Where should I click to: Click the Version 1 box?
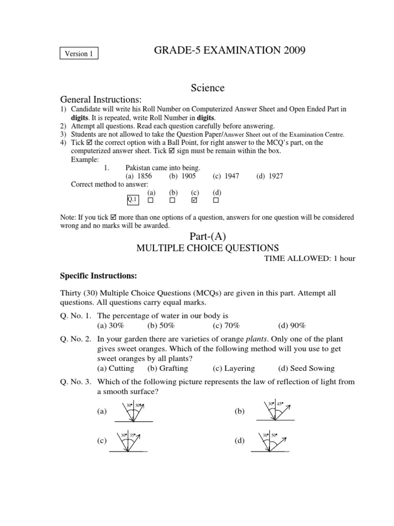pyautogui.click(x=79, y=53)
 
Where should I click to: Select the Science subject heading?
pyautogui.click(x=207, y=88)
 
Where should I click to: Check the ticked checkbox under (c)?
pyautogui.click(x=194, y=199)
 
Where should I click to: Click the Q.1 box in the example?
pyautogui.click(x=132, y=199)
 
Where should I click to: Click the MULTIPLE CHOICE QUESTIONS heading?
pyautogui.click(x=207, y=248)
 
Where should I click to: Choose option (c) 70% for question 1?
pyautogui.click(x=226, y=325)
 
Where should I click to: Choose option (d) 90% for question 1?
pyautogui.click(x=292, y=325)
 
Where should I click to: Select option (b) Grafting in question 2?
pyautogui.click(x=168, y=368)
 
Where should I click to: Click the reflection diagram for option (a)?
pyautogui.click(x=134, y=411)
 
